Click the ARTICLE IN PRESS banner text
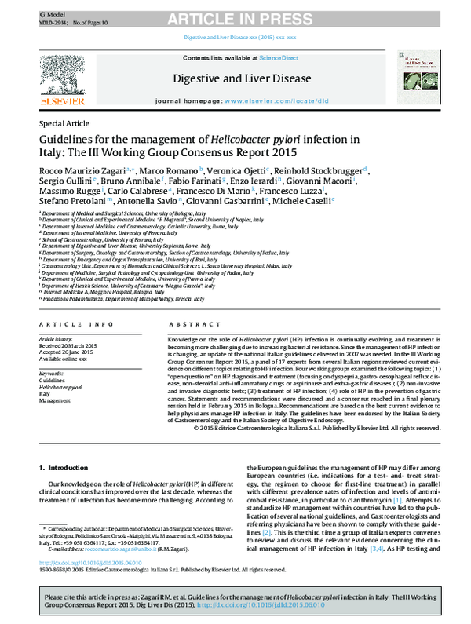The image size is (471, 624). [x=236, y=15]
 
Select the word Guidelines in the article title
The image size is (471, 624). [x=72, y=140]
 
